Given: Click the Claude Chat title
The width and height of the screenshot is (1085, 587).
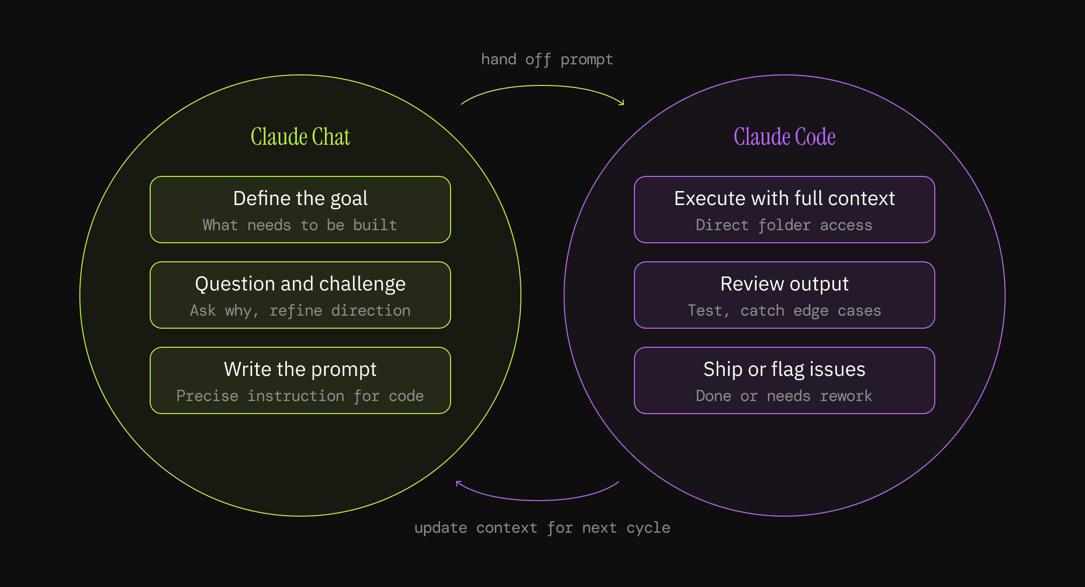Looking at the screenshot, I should pos(300,137).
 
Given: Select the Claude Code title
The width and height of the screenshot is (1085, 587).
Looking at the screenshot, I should pos(784,137).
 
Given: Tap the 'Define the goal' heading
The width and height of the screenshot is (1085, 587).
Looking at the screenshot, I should pos(300,199).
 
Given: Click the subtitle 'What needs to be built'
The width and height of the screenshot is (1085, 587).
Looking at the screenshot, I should pos(300,225).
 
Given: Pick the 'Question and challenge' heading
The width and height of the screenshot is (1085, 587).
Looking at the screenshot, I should pos(300,284).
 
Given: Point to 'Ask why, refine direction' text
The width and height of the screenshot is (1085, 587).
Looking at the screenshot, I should pos(300,311).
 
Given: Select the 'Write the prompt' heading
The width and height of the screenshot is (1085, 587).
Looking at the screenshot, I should pos(300,369).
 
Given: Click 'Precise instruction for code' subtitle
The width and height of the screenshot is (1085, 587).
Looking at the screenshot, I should pos(300,396).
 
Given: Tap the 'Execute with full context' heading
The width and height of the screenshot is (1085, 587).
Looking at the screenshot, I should pos(784,199).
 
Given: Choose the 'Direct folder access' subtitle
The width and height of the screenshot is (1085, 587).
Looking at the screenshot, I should pos(784,225).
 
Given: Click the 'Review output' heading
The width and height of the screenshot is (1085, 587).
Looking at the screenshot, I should pos(784,284).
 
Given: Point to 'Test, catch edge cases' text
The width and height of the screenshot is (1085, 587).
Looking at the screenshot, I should pos(784,311).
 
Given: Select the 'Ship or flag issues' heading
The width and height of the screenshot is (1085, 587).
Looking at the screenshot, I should pos(784,369).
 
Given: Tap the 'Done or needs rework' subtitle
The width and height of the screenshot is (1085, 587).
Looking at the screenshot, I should pos(784,396).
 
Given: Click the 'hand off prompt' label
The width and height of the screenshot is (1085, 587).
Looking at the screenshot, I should pos(547,60).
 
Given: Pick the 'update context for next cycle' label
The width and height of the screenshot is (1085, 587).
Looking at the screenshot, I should pos(542,528).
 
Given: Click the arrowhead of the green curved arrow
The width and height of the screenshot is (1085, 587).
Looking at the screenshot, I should pos(622,103).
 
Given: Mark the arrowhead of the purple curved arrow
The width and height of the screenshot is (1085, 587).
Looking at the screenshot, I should pos(458,483).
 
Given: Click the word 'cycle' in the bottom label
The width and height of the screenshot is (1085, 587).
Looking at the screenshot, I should pos(648,528).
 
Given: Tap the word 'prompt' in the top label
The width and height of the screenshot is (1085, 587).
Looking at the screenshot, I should pos(586,60).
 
